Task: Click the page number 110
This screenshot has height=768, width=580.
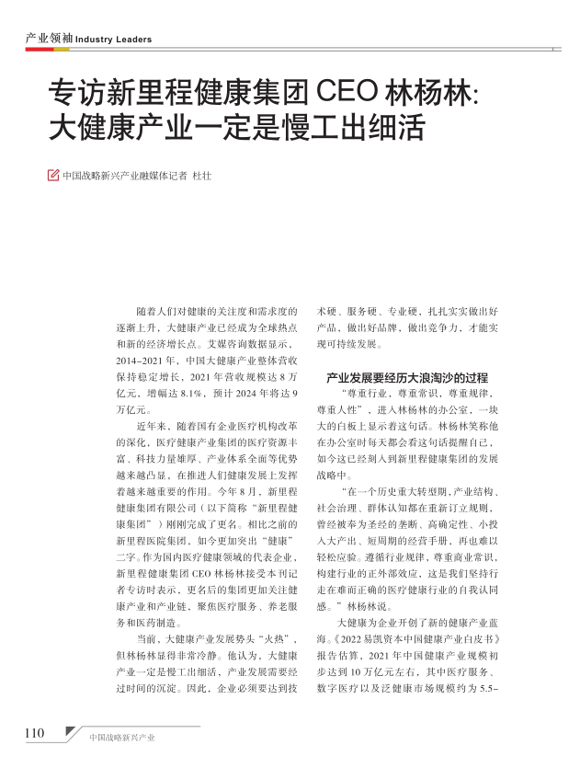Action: (x=34, y=733)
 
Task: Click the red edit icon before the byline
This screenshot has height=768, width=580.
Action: (x=52, y=174)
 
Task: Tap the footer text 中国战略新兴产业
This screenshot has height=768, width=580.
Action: (x=122, y=738)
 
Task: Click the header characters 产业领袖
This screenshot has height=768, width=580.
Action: (x=48, y=39)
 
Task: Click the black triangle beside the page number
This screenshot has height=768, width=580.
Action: (x=72, y=733)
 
